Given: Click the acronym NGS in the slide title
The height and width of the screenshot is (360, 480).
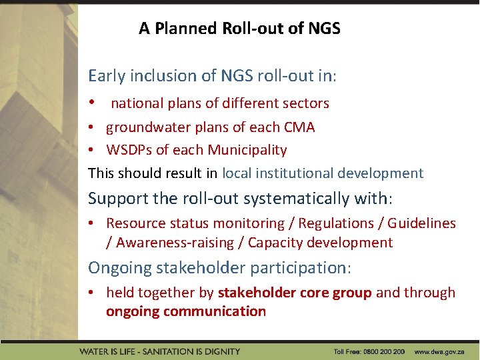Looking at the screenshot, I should point(325,29).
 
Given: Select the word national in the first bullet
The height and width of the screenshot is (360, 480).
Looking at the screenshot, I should point(139,103).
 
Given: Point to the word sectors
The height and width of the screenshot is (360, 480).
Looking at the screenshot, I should point(305,103).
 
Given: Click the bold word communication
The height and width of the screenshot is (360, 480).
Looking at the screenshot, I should point(215,311).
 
